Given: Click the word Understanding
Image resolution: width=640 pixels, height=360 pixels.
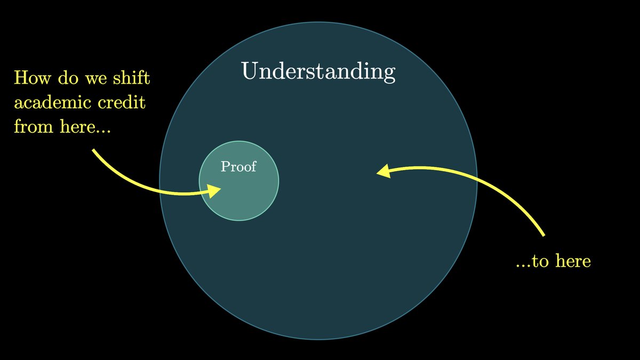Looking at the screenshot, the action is click(318, 71).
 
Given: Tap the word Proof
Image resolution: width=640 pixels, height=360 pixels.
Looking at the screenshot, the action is click(238, 166).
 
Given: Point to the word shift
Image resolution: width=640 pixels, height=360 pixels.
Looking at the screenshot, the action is click(131, 77).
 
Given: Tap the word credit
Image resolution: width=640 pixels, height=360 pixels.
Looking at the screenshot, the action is click(122, 102).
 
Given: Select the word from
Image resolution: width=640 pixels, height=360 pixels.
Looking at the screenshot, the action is click(34, 126).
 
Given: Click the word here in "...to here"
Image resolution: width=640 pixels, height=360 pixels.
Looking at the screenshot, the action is click(573, 261).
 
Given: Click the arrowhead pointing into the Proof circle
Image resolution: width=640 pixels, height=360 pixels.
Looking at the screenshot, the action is click(214, 191).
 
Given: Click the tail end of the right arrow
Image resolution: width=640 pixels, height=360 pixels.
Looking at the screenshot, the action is click(543, 235).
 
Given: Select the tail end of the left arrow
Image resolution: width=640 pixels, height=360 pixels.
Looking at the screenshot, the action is click(93, 150).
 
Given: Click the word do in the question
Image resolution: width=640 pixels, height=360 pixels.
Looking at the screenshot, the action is click(68, 77).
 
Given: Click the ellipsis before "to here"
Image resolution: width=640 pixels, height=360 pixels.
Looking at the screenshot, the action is click(523, 266).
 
